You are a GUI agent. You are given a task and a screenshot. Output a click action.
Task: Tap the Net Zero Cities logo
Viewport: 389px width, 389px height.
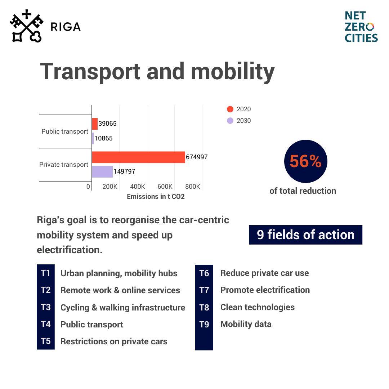coord(361,27)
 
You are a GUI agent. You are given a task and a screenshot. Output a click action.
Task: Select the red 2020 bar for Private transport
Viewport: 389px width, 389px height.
coord(138,157)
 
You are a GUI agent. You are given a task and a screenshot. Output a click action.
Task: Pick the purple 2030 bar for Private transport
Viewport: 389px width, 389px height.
coord(102,172)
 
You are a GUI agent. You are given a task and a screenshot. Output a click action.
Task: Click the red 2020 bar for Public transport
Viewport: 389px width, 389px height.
coord(95,124)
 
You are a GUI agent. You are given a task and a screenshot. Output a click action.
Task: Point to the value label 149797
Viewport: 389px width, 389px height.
coord(124,171)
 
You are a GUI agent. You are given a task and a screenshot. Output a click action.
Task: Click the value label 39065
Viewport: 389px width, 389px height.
coord(107,124)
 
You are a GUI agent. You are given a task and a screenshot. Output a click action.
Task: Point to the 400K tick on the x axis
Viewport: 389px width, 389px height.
coord(137,187)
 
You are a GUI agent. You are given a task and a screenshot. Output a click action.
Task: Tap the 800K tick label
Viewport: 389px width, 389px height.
coord(193,187)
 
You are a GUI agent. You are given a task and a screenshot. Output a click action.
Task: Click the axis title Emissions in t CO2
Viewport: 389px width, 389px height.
coord(156,196)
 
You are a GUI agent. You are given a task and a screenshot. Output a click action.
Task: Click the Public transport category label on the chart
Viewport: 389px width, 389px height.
coord(65,131)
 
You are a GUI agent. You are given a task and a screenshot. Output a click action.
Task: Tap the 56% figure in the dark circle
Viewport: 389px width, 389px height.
coord(305,161)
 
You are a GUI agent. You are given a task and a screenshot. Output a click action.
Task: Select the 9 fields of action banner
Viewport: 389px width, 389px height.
coord(305,235)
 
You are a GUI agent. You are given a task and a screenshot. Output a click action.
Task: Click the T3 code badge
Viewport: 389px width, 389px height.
coord(46,307)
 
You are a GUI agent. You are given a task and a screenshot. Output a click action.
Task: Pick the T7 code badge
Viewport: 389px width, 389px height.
coord(204,290)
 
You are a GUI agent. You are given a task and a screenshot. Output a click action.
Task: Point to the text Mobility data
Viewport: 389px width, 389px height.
coord(246,324)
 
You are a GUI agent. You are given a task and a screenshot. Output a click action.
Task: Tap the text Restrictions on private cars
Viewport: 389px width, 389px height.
coord(114,341)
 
